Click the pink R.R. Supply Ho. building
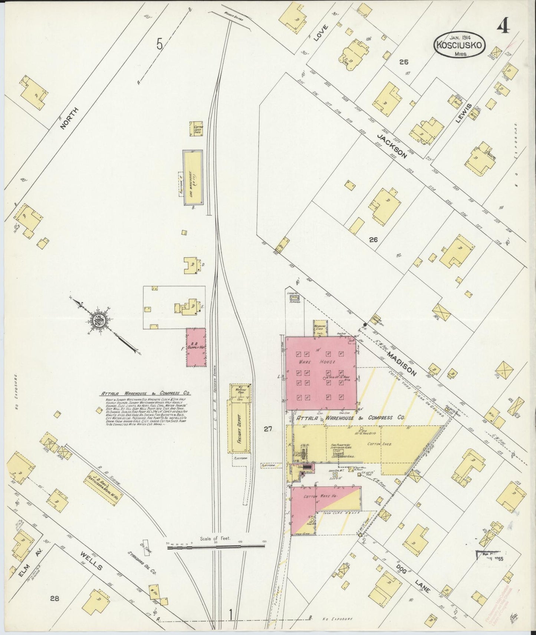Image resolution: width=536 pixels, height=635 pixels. (196, 347)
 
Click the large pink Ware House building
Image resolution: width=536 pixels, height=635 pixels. (321, 373)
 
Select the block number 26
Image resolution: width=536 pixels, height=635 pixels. (373, 240)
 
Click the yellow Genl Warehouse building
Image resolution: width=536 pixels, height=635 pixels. (193, 177)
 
